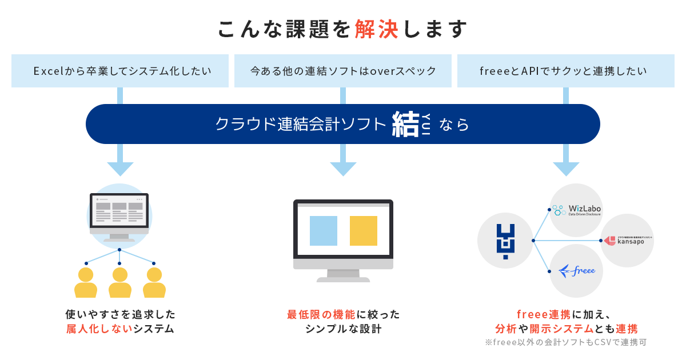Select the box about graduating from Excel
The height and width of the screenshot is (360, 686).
(120, 71)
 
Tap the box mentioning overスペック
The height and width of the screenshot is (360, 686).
(343, 71)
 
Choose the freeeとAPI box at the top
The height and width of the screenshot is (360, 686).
(565, 71)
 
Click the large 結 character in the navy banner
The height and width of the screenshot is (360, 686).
(406, 124)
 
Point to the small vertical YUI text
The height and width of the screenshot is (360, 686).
(426, 124)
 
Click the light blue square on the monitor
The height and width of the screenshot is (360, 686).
(324, 231)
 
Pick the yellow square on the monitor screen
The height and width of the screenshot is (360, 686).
(364, 231)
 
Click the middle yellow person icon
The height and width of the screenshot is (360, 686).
(120, 282)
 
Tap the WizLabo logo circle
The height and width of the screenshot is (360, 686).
(577, 210)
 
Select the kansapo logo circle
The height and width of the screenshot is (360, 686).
(627, 241)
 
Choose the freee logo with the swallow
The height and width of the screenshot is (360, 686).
(577, 270)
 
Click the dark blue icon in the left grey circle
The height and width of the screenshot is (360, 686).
(505, 240)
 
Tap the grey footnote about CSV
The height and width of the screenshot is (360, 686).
(565, 343)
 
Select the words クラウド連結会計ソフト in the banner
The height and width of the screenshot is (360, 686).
(301, 124)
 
